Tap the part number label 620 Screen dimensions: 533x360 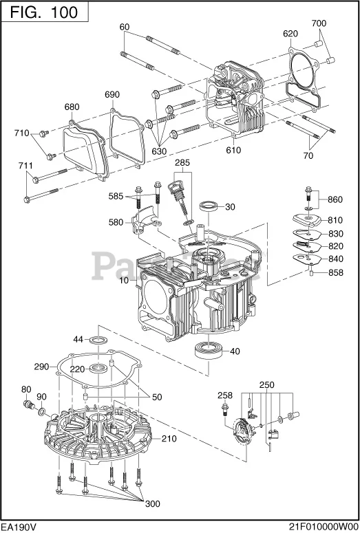[x=290, y=34]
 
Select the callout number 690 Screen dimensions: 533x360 [x=112, y=94]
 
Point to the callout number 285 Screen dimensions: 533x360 [x=182, y=163]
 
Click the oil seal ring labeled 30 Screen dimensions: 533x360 [x=209, y=206]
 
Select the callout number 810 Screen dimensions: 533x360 [x=335, y=220]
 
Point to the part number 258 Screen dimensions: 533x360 [x=225, y=396]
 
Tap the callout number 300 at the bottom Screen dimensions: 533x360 [x=149, y=503]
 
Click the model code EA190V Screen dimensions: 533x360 [x=20, y=525]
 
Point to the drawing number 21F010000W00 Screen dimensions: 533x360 [x=321, y=525]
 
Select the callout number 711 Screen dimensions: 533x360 [x=25, y=166]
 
